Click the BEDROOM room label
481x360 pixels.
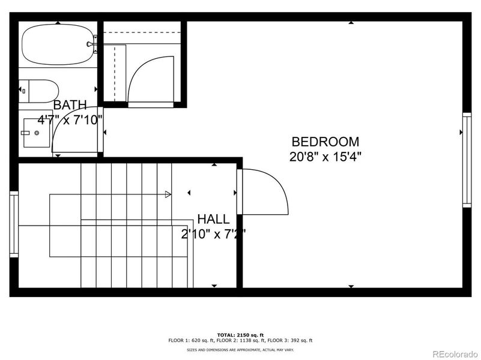click(325, 142)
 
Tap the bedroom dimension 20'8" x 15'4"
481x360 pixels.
click(325, 157)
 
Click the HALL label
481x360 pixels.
click(213, 220)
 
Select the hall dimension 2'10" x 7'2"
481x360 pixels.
click(213, 233)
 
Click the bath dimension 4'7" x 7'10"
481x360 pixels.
click(70, 119)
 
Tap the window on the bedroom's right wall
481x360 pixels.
click(466, 160)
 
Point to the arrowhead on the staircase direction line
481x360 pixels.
click(168, 194)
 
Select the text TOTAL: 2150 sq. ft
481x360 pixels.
click(240, 335)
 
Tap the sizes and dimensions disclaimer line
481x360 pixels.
click(240, 349)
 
